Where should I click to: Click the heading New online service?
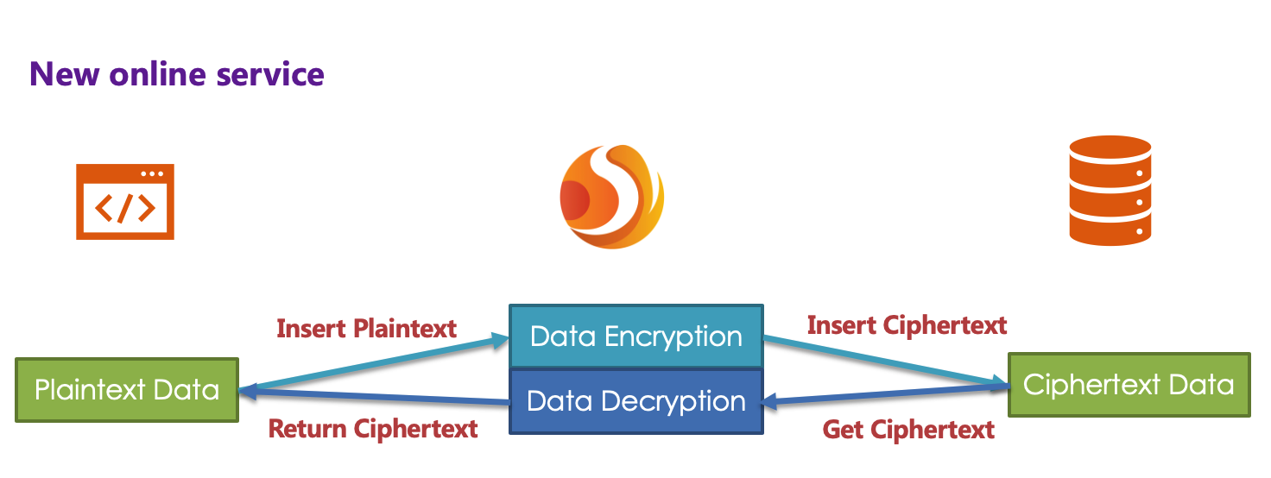(177, 74)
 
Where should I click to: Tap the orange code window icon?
(125, 201)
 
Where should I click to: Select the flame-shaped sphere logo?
(611, 197)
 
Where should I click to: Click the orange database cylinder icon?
(1110, 190)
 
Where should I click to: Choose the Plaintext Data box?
(127, 390)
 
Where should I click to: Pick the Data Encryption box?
(636, 336)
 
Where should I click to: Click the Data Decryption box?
(636, 401)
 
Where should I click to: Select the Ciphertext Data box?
(1129, 384)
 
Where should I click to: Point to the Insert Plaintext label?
(367, 329)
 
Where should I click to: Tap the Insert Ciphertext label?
(907, 325)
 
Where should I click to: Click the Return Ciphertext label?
(373, 429)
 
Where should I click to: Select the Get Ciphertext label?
(908, 429)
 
